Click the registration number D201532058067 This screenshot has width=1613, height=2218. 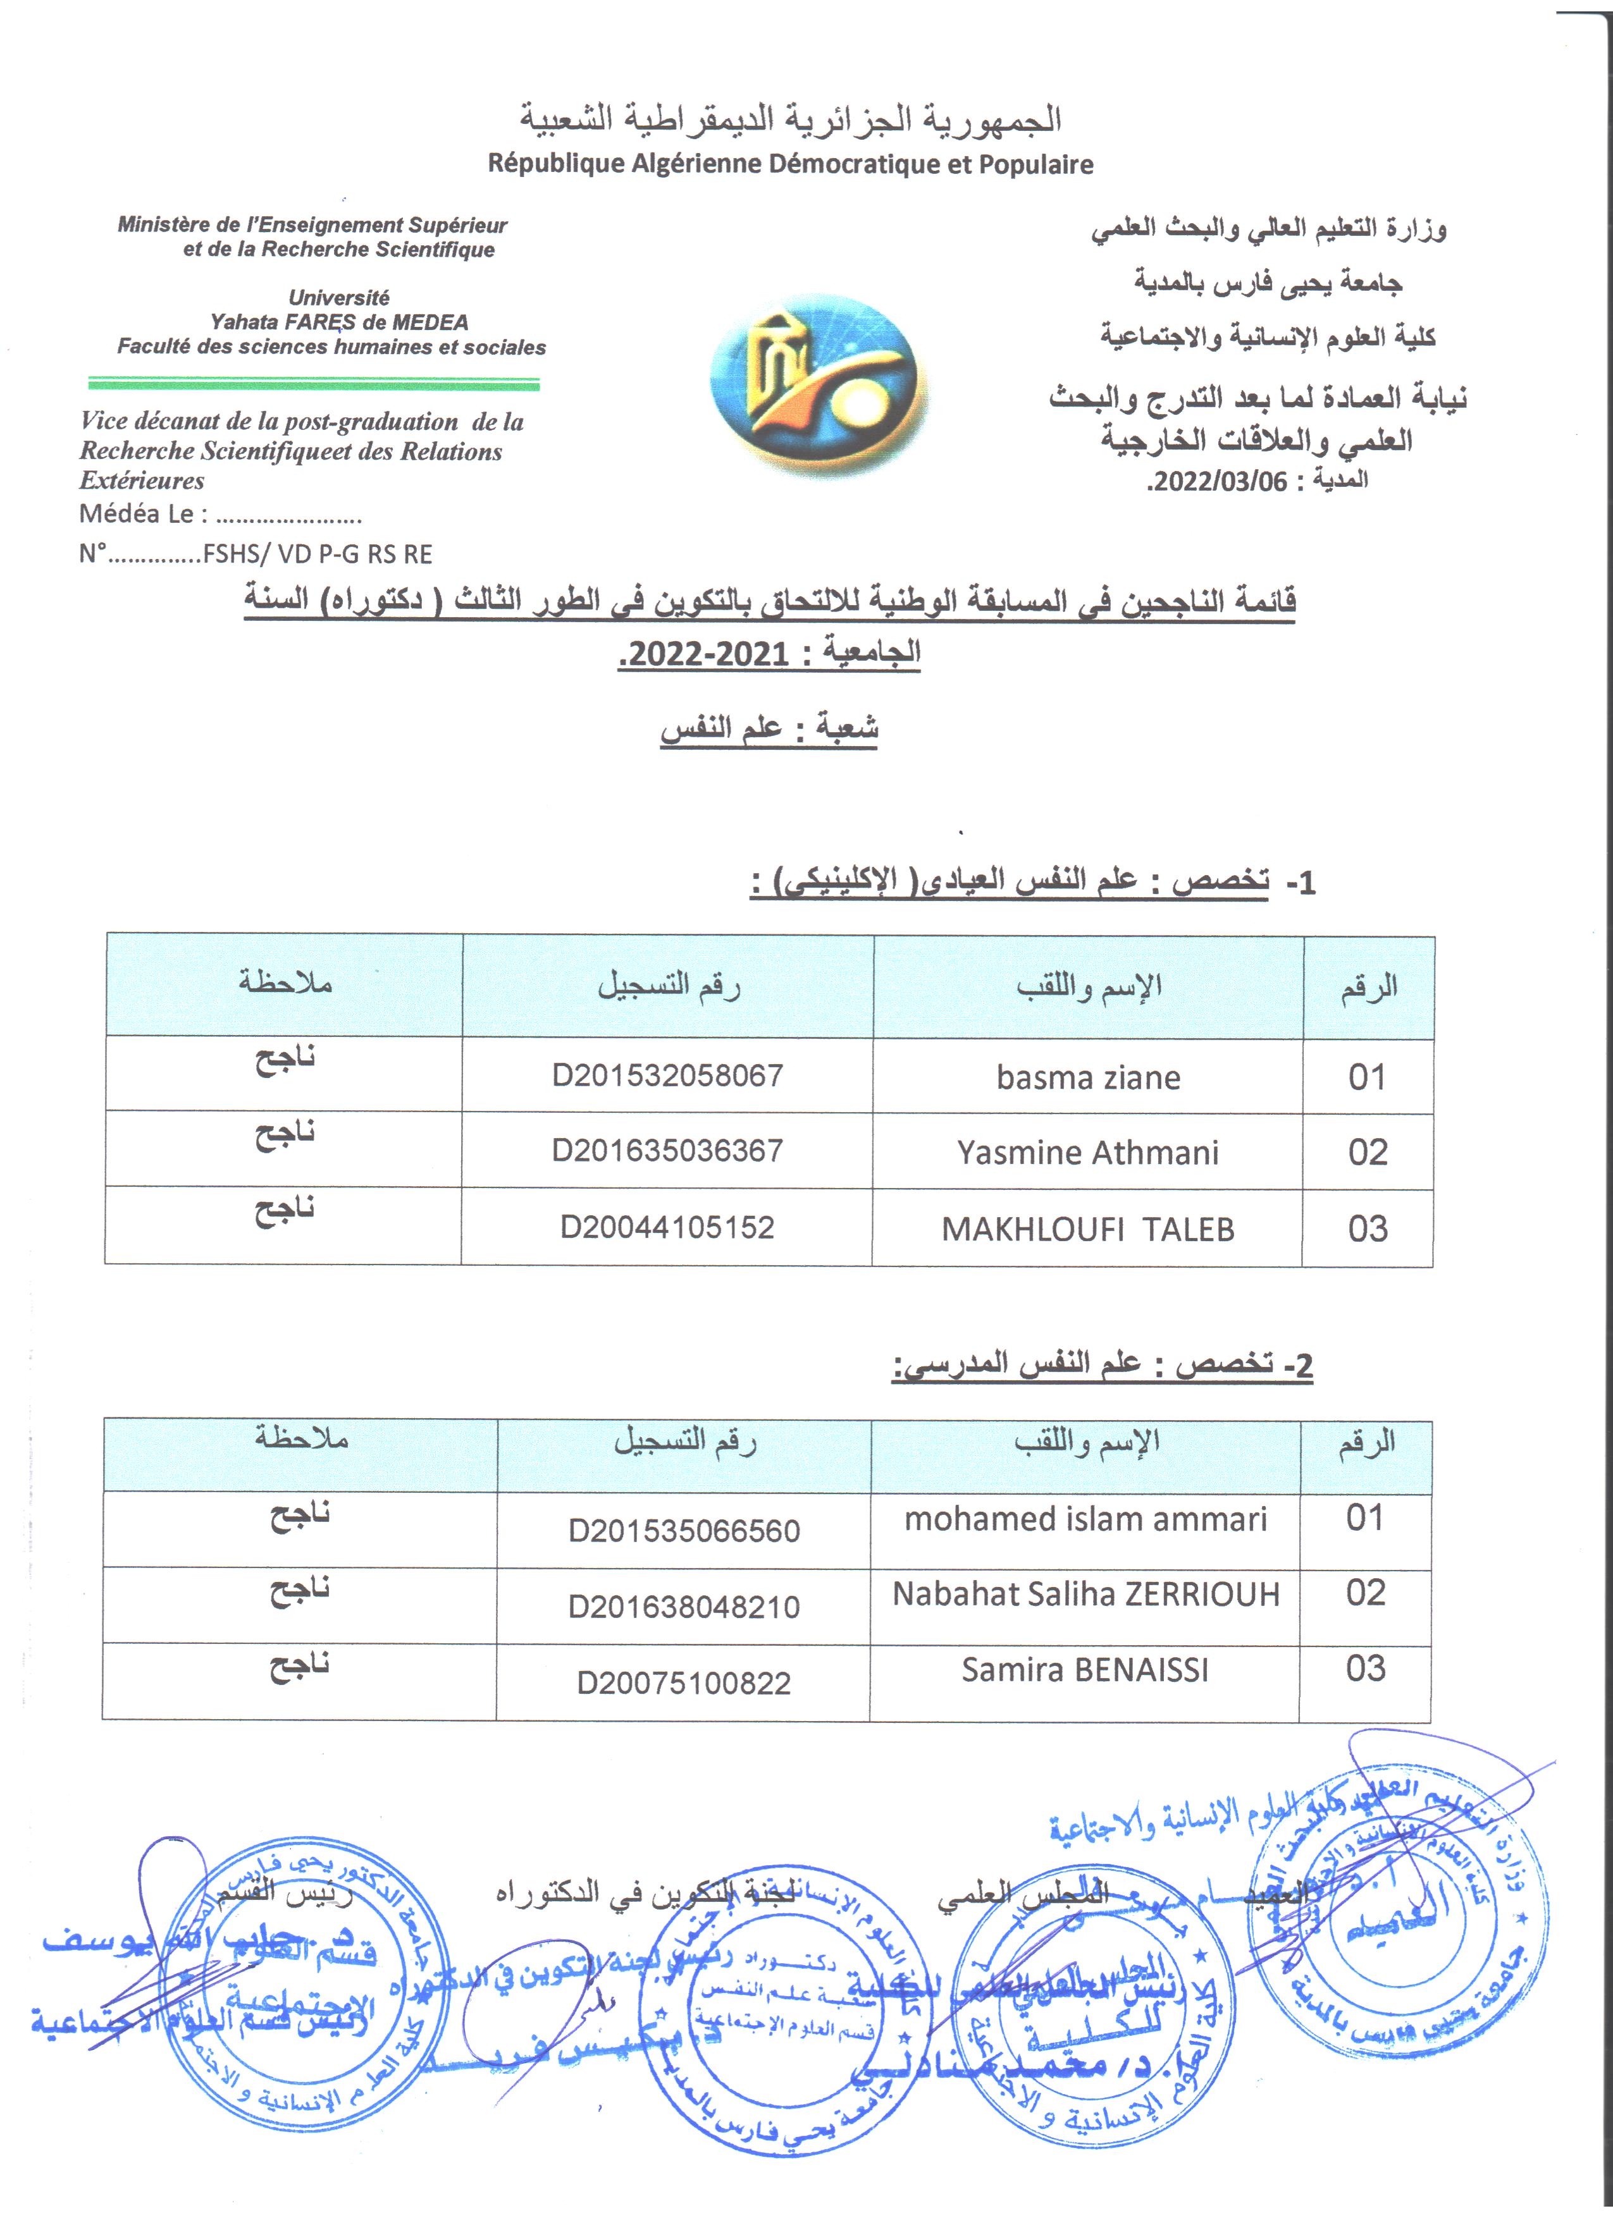click(667, 1075)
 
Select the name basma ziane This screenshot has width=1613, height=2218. click(1088, 1078)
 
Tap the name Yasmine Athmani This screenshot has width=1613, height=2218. click(1088, 1153)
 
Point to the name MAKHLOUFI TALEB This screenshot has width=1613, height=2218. click(1088, 1229)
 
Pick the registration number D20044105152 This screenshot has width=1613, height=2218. click(667, 1227)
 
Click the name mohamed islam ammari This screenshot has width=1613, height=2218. click(1085, 1519)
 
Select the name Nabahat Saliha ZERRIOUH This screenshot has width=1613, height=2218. click(1085, 1595)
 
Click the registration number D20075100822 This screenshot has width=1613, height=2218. click(684, 1683)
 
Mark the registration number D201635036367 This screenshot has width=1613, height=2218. click(667, 1151)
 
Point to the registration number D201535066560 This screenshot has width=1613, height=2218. click(684, 1531)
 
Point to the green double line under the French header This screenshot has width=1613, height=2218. click(313, 383)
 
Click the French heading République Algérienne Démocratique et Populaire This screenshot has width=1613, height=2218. click(790, 164)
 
